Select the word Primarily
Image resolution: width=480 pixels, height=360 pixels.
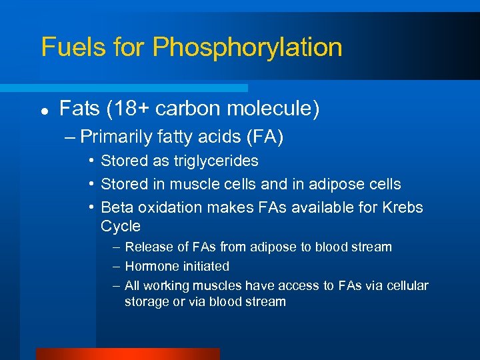pyautogui.click(x=117, y=137)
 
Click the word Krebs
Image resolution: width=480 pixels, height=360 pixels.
pyautogui.click(x=403, y=207)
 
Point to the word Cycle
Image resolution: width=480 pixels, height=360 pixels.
pyautogui.click(x=121, y=226)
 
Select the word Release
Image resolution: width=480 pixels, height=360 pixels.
pyautogui.click(x=149, y=247)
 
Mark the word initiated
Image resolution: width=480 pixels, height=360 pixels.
pyautogui.click(x=203, y=267)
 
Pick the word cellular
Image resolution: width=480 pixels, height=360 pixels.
pyautogui.click(x=406, y=286)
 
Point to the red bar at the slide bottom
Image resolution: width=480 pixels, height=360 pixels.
pyautogui.click(x=127, y=353)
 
